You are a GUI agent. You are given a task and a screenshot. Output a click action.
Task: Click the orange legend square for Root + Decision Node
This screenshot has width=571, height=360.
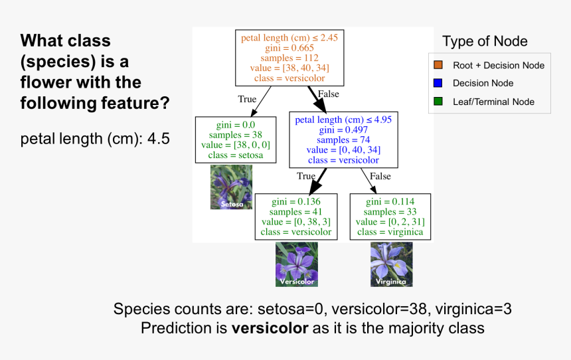pyautogui.click(x=438, y=65)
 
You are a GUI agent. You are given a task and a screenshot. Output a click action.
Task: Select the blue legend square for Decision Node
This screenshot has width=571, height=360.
pyautogui.click(x=438, y=83)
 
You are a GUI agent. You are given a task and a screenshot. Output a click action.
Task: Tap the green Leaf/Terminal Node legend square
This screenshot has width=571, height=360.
pyautogui.click(x=438, y=102)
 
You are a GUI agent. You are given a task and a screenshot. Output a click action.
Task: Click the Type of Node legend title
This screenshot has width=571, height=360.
pyautogui.click(x=485, y=41)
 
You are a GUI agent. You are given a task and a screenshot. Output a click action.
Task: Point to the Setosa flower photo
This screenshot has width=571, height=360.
pyautogui.click(x=231, y=187)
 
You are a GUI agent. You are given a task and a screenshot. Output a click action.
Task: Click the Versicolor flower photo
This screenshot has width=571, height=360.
pyautogui.click(x=297, y=264)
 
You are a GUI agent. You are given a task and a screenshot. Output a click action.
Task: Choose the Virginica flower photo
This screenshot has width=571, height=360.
pyautogui.click(x=392, y=264)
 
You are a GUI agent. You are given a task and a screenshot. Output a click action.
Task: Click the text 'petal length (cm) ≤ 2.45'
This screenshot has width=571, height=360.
pyautogui.click(x=289, y=38)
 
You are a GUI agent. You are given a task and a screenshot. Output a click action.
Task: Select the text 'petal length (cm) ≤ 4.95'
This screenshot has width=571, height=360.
pyautogui.click(x=343, y=120)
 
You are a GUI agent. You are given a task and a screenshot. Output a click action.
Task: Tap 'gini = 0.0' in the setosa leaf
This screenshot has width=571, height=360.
pyautogui.click(x=236, y=125)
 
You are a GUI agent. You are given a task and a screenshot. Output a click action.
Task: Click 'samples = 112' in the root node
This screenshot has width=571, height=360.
pyautogui.click(x=289, y=58)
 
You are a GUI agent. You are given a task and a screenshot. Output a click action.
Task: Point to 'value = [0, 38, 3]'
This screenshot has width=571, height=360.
pyautogui.click(x=296, y=222)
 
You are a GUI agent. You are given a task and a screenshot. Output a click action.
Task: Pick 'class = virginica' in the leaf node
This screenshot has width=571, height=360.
pyautogui.click(x=390, y=232)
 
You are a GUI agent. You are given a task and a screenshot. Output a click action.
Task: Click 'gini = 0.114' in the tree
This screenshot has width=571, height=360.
pyautogui.click(x=390, y=201)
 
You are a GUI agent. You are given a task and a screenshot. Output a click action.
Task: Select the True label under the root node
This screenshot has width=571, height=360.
pyautogui.click(x=247, y=99)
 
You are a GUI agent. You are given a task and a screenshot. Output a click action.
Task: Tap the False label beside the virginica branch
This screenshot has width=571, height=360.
pyautogui.click(x=380, y=177)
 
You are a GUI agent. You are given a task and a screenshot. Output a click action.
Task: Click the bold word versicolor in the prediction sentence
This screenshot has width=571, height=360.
pyautogui.click(x=270, y=328)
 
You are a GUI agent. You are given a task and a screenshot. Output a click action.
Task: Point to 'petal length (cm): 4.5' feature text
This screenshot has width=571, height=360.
pyautogui.click(x=95, y=139)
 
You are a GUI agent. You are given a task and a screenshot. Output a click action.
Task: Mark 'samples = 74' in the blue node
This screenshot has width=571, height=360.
pyautogui.click(x=343, y=140)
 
